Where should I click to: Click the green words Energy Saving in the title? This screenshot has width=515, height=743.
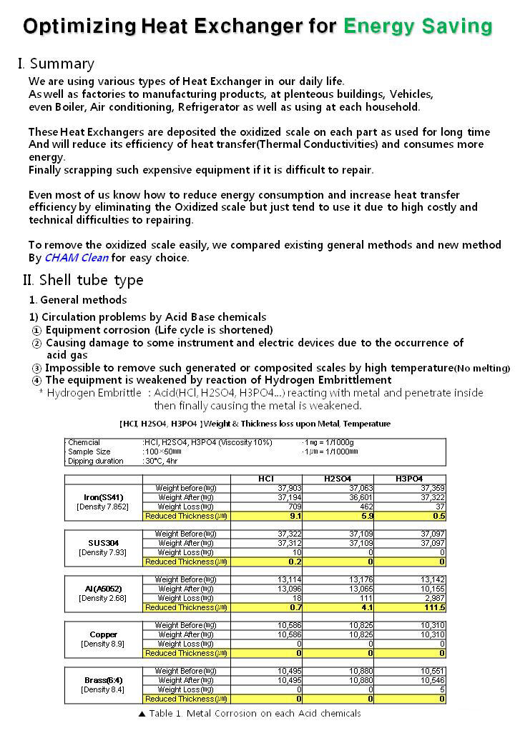[418, 26]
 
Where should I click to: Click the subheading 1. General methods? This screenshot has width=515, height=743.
[78, 299]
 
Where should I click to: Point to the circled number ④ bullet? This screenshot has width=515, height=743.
[37, 380]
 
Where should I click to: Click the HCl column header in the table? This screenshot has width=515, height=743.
[266, 479]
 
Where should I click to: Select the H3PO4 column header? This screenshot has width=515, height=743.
[410, 479]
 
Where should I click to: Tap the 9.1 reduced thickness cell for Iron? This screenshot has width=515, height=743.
[294, 515]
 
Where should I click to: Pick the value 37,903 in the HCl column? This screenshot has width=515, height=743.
[289, 488]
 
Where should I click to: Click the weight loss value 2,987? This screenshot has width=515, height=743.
[431, 598]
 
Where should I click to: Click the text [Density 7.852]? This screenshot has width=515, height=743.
[103, 506]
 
